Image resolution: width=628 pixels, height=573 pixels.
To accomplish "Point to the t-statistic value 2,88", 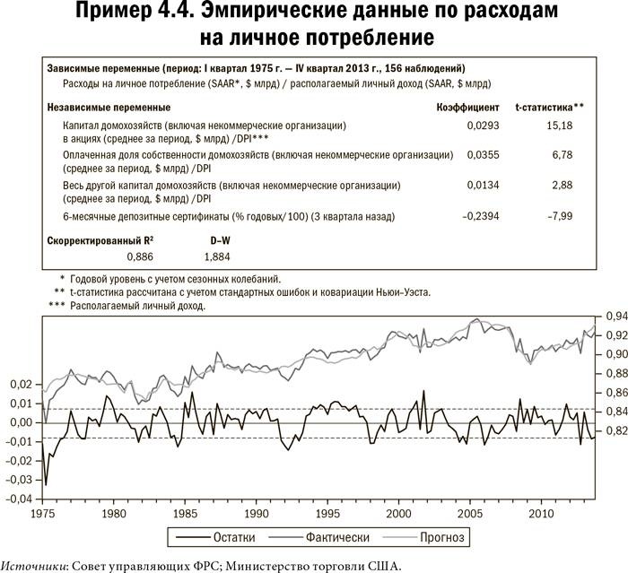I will pyautogui.click(x=563, y=186).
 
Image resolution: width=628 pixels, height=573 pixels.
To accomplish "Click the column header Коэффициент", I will pyautogui.click(x=461, y=107).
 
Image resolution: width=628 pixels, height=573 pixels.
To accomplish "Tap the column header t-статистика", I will pyautogui.click(x=548, y=107).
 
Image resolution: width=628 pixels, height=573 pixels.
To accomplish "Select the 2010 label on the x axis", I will pyautogui.click(x=541, y=516).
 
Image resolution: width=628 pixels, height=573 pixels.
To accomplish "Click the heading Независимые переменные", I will pyautogui.click(x=109, y=107).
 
